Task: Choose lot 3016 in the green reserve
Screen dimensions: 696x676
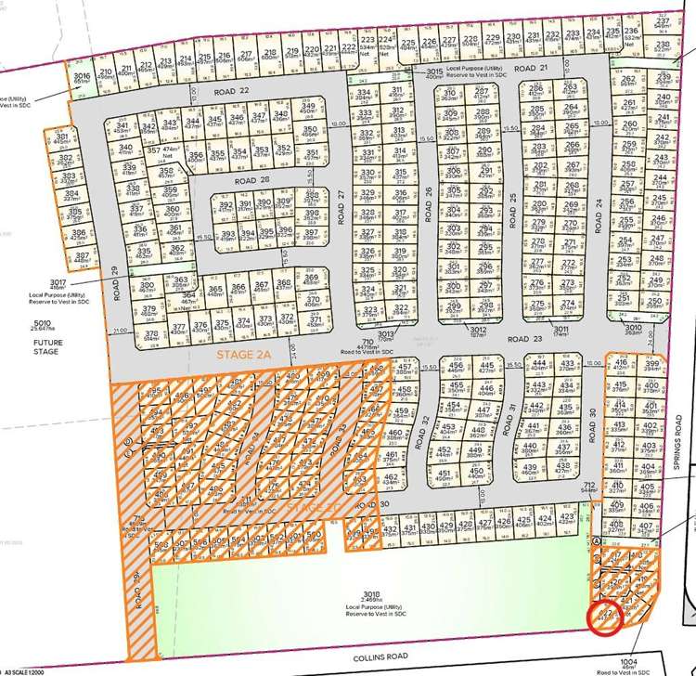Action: [82, 77]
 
